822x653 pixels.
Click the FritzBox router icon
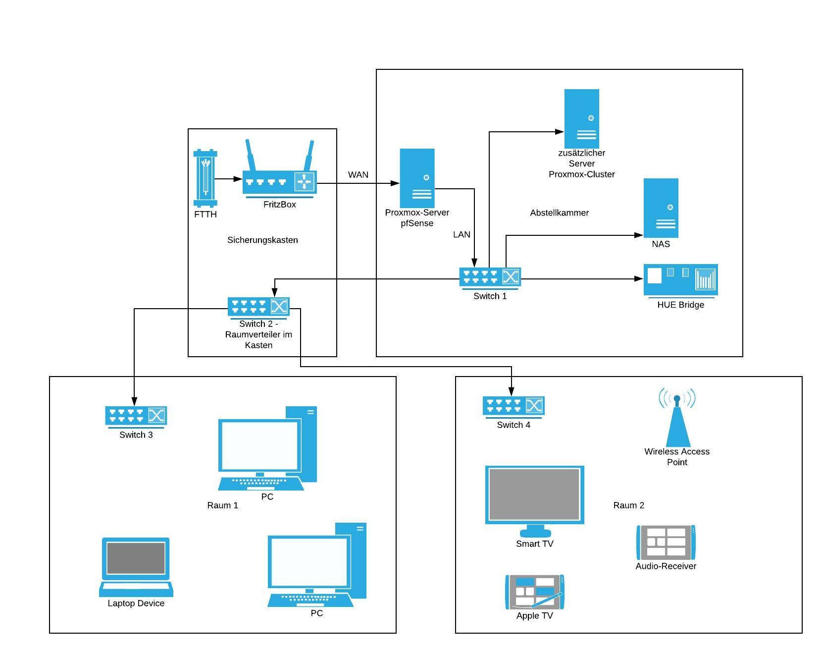click(279, 182)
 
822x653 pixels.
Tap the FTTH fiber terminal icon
click(205, 178)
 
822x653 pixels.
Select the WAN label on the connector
click(358, 175)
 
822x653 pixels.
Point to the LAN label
click(462, 234)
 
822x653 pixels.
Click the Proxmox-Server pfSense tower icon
click(417, 178)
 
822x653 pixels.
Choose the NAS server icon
click(661, 208)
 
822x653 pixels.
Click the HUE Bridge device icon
click(680, 279)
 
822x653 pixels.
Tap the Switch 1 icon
click(490, 277)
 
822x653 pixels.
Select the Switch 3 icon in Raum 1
click(136, 416)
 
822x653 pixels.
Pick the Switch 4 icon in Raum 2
click(514, 406)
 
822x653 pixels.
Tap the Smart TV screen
click(534, 494)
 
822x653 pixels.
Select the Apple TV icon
click(534, 592)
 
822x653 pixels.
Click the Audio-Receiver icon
click(666, 543)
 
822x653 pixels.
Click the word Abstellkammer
click(559, 213)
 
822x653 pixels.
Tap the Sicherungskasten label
click(262, 240)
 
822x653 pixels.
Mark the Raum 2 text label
click(628, 505)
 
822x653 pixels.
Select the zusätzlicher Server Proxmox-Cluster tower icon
click(581, 118)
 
